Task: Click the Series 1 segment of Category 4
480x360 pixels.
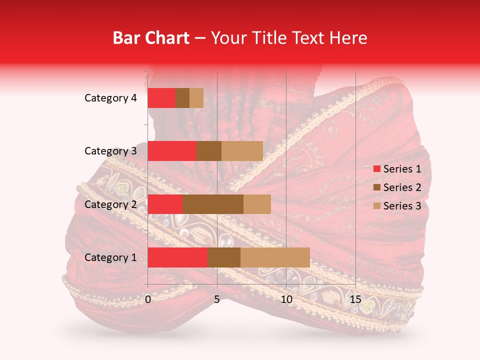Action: pos(161,98)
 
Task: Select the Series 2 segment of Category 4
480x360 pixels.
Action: pos(182,98)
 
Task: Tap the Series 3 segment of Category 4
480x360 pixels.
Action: pos(196,98)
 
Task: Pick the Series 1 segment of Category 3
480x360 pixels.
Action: pos(172,151)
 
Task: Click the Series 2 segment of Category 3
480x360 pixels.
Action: pos(209,151)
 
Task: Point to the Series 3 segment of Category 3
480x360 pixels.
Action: pos(242,151)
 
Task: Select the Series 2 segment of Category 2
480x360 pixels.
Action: pos(213,204)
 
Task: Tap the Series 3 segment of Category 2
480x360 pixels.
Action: pos(257,204)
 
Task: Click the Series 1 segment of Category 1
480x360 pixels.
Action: pos(177,257)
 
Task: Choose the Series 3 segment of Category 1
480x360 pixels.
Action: pos(275,257)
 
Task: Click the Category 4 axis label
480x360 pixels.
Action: pos(110,98)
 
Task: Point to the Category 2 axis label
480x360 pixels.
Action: pos(110,204)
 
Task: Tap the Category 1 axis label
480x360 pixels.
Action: pos(110,257)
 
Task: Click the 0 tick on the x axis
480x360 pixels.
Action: pos(148,299)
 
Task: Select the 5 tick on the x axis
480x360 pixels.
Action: pos(217,299)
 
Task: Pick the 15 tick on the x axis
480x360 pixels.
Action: pos(355,299)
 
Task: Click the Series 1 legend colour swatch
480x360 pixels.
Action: pos(376,169)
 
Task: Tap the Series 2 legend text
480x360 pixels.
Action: pos(402,187)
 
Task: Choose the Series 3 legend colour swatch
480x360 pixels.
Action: pos(376,206)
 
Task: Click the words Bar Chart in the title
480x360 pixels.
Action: pos(151,37)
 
